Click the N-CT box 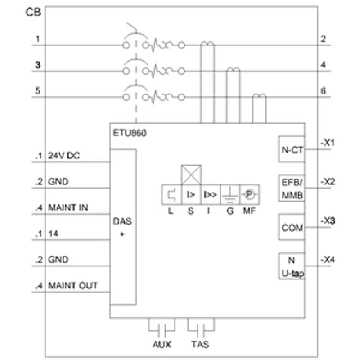tap(292, 149)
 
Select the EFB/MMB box tap(292, 188)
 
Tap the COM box tap(292, 227)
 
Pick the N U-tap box tap(292, 266)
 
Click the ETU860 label tap(130, 133)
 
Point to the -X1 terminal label tap(328, 143)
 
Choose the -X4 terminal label tap(328, 260)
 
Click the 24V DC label tap(64, 156)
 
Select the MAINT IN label tap(68, 207)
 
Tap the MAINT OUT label tap(73, 286)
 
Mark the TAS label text tap(200, 344)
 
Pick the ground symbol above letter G tap(230, 195)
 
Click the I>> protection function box tap(211, 194)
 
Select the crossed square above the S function tap(191, 175)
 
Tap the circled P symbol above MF tap(250, 194)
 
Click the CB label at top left tap(33, 12)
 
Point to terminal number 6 tap(323, 91)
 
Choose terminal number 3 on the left tap(38, 65)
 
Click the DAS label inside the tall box tap(122, 221)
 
